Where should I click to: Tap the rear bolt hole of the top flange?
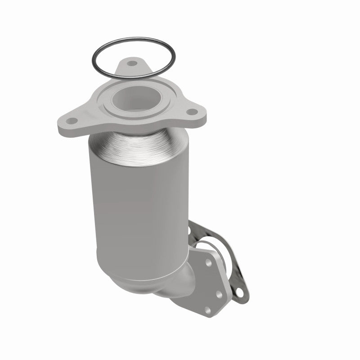point(131,63)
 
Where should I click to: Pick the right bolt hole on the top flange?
point(192,112)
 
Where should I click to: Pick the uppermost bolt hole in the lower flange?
point(208,261)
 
